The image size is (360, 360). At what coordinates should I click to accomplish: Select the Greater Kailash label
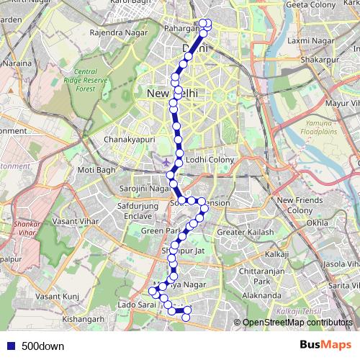tap(246, 233)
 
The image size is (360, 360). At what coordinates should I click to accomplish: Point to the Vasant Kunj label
tap(57, 296)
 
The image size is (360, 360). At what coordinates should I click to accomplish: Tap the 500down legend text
tap(42, 346)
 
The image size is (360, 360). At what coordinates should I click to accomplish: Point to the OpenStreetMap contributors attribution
tap(297, 323)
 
